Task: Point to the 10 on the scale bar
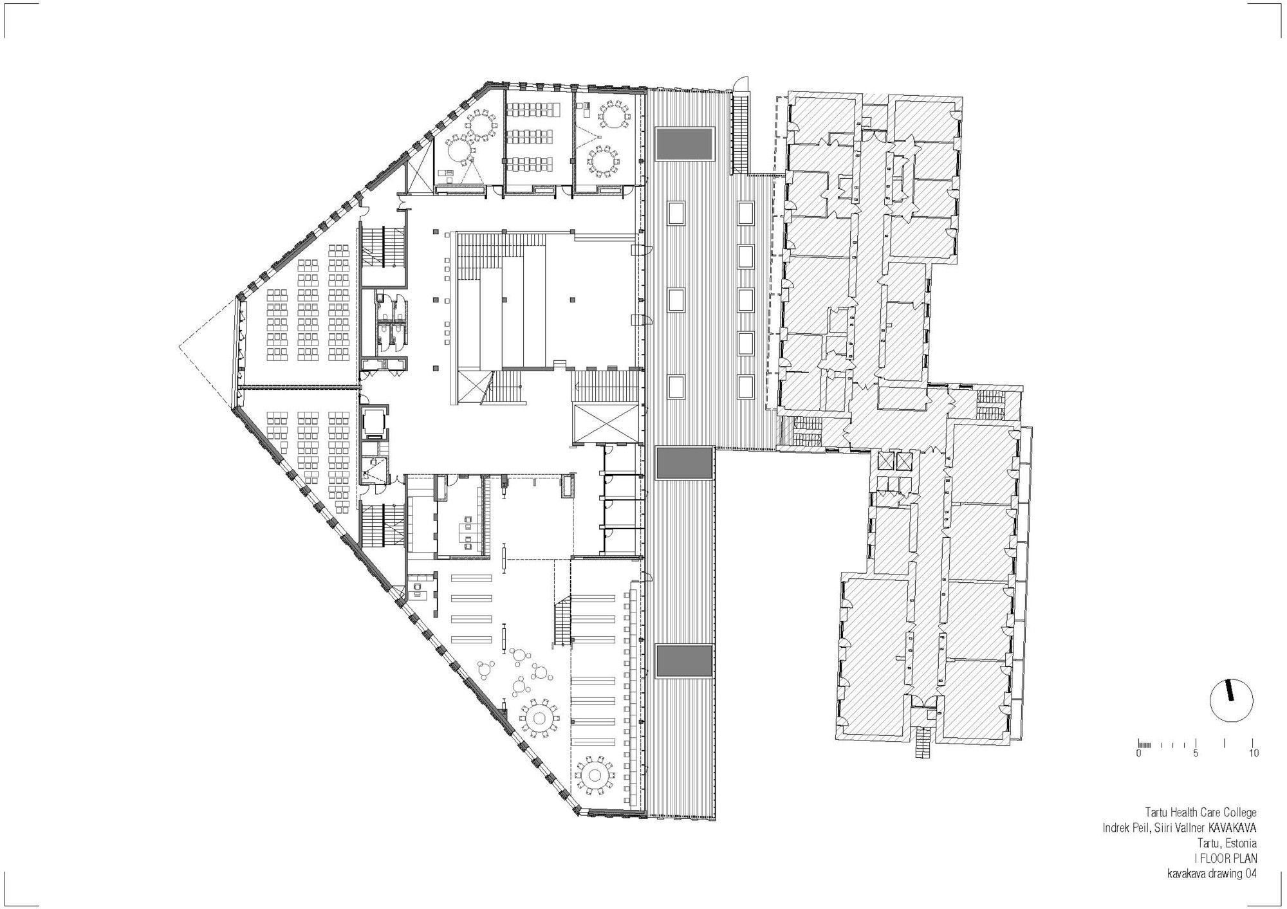click(x=1254, y=753)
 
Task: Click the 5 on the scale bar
click(x=1196, y=753)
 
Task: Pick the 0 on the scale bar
click(x=1139, y=753)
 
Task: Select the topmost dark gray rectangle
click(x=685, y=144)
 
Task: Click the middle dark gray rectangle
click(x=685, y=463)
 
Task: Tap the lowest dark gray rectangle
click(x=685, y=661)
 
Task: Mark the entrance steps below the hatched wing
click(x=923, y=742)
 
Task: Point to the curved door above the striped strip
click(x=740, y=84)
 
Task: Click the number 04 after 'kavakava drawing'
click(x=1246, y=873)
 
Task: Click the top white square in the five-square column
click(x=745, y=213)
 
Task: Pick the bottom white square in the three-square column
click(x=676, y=387)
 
